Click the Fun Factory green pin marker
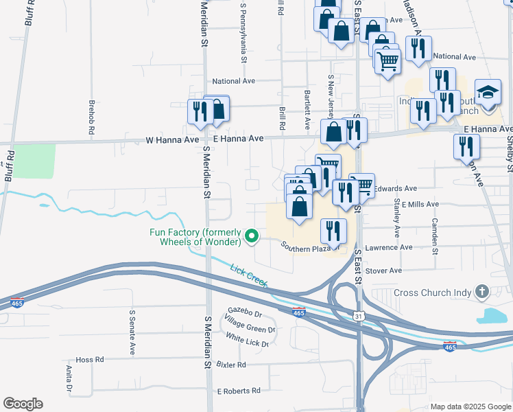pyautogui.click(x=252, y=237)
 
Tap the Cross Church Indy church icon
pyautogui.click(x=482, y=293)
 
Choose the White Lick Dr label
pyautogui.click(x=247, y=339)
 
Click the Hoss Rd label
pyautogui.click(x=89, y=359)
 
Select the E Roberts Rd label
pyautogui.click(x=238, y=391)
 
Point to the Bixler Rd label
pyautogui.click(x=230, y=365)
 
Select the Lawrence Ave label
pyautogui.click(x=390, y=247)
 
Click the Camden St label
pyautogui.click(x=435, y=234)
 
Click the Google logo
pyautogui.click(x=23, y=404)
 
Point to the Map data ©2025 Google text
pyautogui.click(x=470, y=407)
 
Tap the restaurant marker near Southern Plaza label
pyautogui.click(x=333, y=231)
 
